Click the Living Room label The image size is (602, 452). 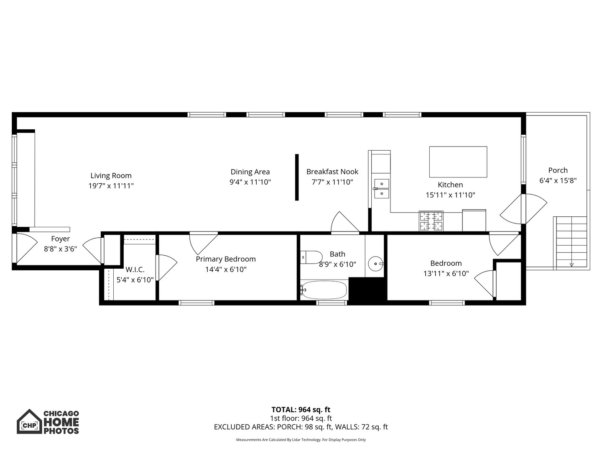(111, 176)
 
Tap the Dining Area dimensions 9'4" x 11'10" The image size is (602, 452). (250, 182)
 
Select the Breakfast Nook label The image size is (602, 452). (332, 172)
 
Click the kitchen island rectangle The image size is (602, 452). (458, 162)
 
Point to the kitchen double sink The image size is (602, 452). (381, 189)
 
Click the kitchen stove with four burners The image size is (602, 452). (431, 221)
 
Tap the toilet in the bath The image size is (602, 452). (311, 257)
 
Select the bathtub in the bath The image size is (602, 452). (324, 290)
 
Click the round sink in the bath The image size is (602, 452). (375, 264)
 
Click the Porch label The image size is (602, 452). (558, 170)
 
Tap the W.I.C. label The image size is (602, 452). (135, 270)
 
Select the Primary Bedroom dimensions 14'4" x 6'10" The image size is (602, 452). (226, 270)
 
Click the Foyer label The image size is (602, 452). (60, 239)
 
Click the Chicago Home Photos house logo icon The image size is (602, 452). (29, 422)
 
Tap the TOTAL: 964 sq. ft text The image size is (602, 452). (301, 410)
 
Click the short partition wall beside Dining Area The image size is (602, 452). (297, 177)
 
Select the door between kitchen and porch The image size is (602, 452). (523, 208)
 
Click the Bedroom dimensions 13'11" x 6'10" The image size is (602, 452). (446, 274)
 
